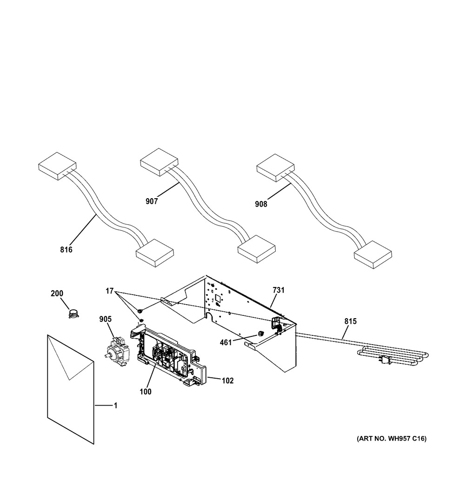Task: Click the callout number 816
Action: tap(66, 250)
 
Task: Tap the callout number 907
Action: tap(152, 201)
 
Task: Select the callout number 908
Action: tap(261, 204)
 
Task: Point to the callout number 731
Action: tap(279, 290)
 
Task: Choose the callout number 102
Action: tap(227, 381)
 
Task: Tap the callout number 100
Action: tap(146, 392)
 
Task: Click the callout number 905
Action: tap(106, 319)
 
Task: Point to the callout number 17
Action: tap(110, 291)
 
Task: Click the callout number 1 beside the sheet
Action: tap(115, 406)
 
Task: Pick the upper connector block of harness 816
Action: tap(57, 166)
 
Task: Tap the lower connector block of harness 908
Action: tap(372, 255)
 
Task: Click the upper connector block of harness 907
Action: tap(159, 161)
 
